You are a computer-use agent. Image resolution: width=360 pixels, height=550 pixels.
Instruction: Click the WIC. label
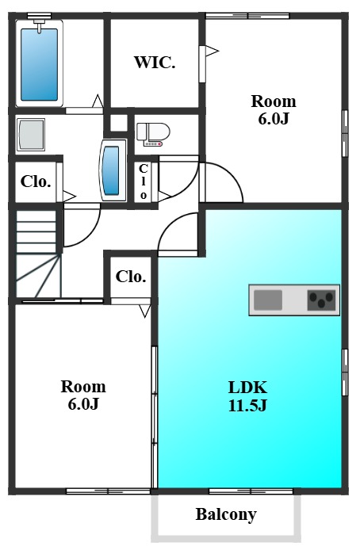[155, 63]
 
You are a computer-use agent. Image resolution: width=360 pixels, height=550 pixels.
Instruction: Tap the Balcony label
[226, 514]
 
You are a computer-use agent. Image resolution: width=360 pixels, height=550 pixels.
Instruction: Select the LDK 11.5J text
[247, 396]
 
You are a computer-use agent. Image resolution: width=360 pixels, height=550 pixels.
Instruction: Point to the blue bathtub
[40, 64]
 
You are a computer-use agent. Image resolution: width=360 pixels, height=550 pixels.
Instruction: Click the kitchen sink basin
[268, 300]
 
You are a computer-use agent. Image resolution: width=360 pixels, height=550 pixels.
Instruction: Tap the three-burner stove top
[321, 300]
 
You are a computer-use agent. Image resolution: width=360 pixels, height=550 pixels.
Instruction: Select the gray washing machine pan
[31, 135]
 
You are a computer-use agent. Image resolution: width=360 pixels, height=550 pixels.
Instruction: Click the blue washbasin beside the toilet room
[113, 171]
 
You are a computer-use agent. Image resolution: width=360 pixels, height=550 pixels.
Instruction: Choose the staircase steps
[37, 254]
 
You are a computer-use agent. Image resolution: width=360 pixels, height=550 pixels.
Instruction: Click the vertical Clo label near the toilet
[144, 181]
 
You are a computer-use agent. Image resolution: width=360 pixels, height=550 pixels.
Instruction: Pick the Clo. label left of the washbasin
[36, 181]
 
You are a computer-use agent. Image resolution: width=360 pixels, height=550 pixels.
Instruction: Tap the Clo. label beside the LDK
[131, 277]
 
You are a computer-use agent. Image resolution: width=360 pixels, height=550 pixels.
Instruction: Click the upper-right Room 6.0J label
[274, 110]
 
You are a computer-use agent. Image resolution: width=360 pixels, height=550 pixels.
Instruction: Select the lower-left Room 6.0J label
[83, 395]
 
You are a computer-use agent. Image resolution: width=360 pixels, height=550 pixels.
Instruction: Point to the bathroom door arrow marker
[98, 101]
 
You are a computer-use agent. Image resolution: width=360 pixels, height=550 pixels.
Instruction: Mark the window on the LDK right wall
[345, 372]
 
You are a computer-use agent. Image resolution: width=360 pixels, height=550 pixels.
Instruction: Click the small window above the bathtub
[40, 16]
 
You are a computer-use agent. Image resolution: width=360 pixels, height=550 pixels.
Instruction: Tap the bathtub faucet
[39, 25]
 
